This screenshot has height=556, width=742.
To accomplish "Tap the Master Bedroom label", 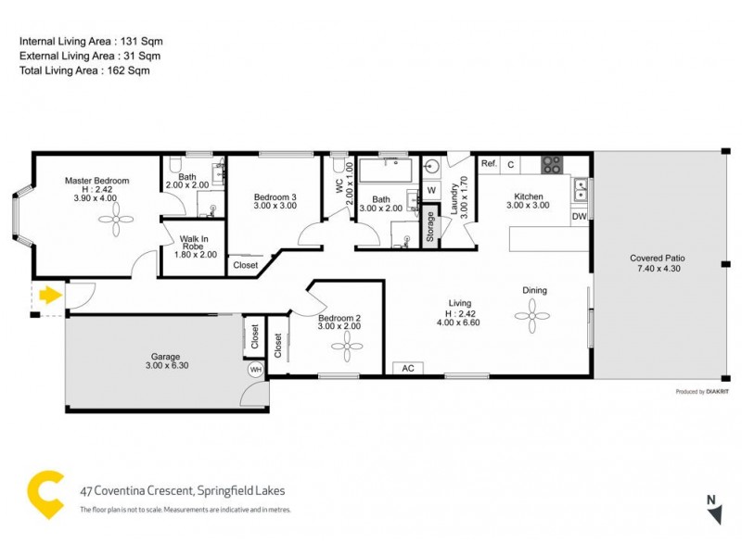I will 96,181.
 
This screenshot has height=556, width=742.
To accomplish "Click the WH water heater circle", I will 255,370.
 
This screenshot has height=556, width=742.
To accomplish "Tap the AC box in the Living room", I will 407,368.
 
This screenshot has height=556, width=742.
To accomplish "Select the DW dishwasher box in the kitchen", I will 579,217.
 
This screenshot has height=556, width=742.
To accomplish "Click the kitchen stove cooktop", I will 553,165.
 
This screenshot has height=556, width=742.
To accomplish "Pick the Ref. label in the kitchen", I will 489,164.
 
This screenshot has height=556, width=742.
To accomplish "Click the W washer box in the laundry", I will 431,190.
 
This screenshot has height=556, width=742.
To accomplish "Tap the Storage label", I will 430,228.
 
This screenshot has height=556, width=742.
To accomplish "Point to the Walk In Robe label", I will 194,244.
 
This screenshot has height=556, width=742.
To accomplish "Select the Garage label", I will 166,357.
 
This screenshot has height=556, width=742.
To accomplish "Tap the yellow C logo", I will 45,494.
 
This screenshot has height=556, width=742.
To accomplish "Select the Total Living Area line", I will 84,70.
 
